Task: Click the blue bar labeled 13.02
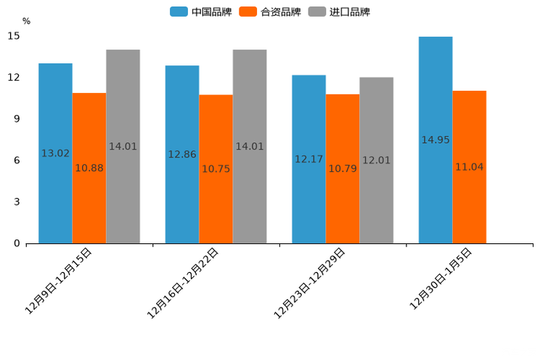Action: point(55,153)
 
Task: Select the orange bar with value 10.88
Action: point(89,168)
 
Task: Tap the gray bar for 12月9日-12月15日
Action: point(123,146)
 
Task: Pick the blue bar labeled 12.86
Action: point(182,154)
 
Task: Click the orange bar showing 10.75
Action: point(216,168)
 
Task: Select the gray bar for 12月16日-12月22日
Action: point(250,146)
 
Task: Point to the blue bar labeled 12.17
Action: point(308,159)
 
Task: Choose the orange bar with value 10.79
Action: point(343,168)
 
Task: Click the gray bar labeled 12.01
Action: point(376,160)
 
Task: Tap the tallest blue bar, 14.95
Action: point(435,139)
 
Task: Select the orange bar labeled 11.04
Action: point(469,166)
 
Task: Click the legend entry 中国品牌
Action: point(201,12)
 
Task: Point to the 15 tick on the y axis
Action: point(14,36)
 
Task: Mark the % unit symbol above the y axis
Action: point(26,22)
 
